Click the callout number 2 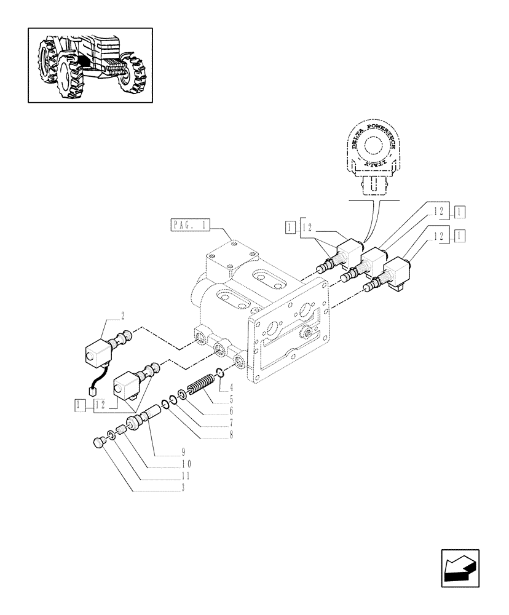coord(123,316)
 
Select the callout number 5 coord(214,399)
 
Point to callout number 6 coord(214,410)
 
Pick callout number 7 coord(214,422)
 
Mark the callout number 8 coord(214,434)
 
